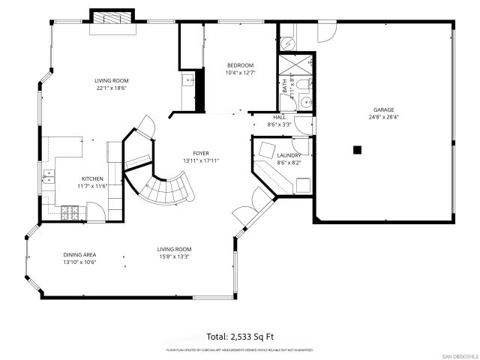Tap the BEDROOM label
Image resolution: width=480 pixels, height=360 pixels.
(240, 65)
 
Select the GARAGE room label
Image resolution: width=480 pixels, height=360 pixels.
(383, 109)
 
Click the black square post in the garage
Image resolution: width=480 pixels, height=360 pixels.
(358, 150)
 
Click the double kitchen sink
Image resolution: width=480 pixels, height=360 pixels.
(49, 178)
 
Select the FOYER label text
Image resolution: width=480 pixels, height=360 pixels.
(200, 153)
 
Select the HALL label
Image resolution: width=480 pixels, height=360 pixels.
(279, 118)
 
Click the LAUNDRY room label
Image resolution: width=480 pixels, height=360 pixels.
(289, 155)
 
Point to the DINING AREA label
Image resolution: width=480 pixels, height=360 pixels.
(79, 255)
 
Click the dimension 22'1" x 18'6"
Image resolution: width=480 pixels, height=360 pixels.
(110, 88)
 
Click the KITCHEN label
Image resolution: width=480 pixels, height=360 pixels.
(92, 178)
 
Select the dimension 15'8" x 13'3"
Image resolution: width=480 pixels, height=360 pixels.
(174, 256)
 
